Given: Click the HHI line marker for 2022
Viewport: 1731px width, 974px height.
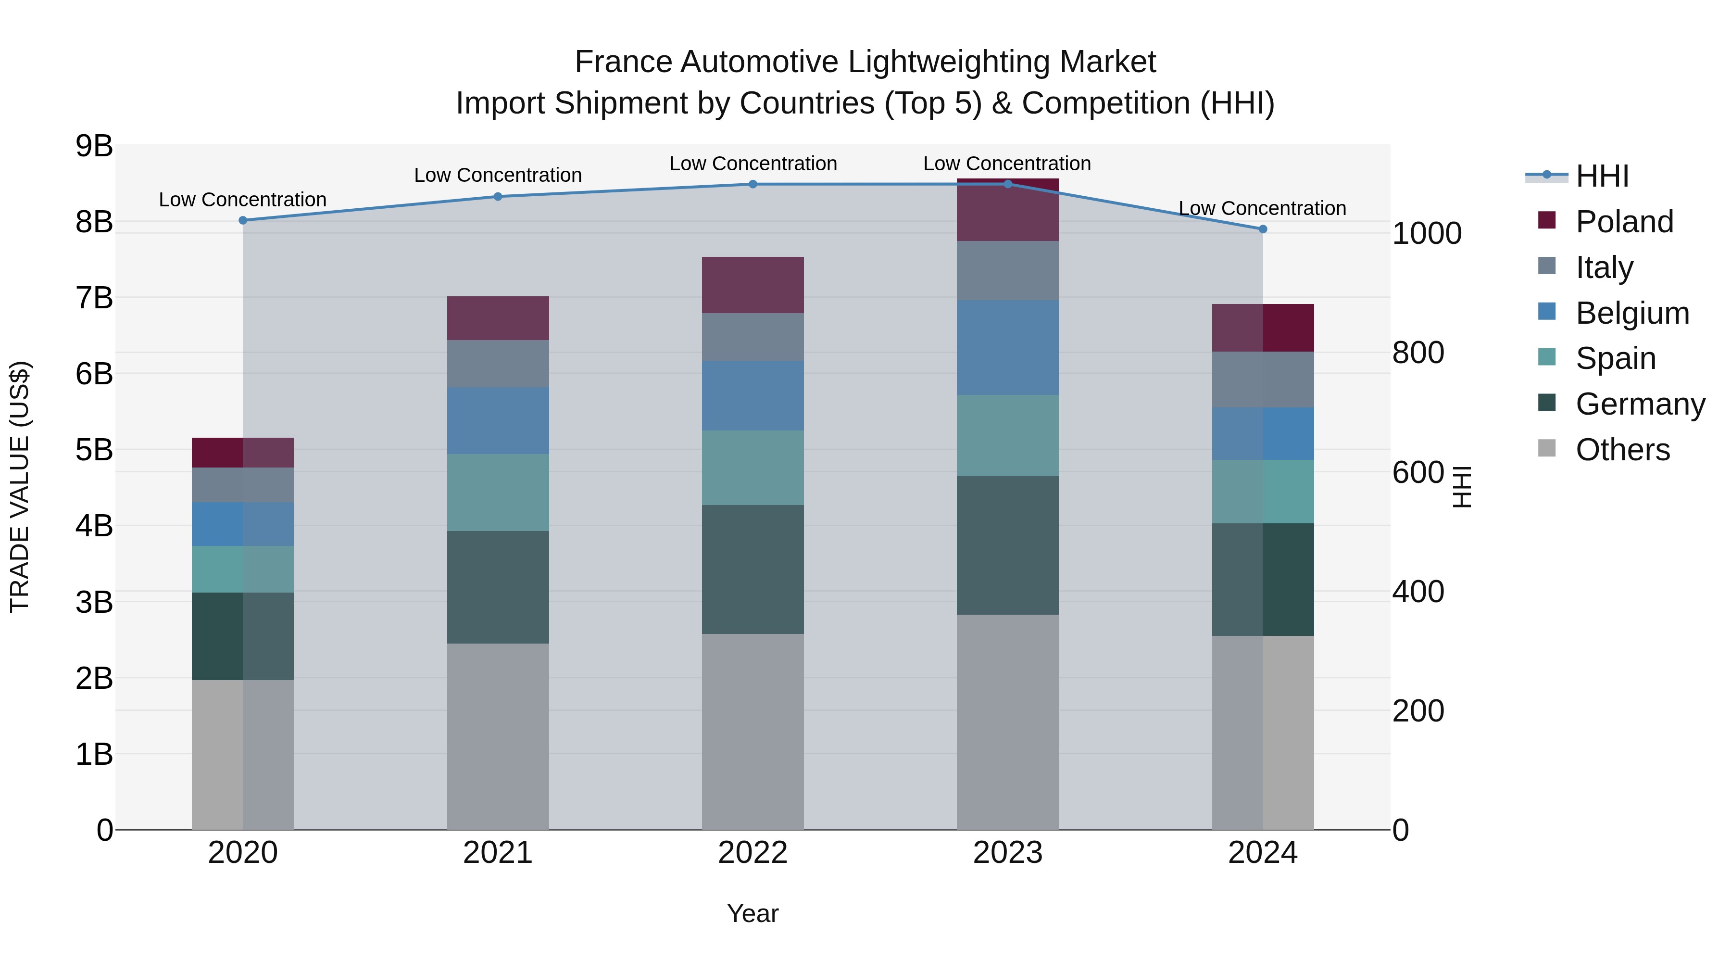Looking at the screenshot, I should tap(753, 184).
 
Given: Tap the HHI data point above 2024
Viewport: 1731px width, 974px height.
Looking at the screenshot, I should tap(1263, 229).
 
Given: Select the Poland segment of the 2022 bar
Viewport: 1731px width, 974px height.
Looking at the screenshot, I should tap(753, 285).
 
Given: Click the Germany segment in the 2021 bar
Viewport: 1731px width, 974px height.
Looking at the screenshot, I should tap(498, 587).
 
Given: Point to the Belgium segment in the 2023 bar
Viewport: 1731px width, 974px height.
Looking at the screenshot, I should tap(1007, 348).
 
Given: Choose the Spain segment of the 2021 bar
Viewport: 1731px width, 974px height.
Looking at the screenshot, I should tap(498, 492).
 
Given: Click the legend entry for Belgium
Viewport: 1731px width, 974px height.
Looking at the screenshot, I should tap(1631, 313).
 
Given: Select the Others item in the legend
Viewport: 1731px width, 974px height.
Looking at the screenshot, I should tap(1622, 450).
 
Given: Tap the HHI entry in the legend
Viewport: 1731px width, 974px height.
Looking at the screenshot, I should tap(1602, 176).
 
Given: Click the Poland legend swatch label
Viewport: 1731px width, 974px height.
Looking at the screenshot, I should tap(1624, 222).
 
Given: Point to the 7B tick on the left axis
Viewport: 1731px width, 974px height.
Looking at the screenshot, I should tap(94, 298).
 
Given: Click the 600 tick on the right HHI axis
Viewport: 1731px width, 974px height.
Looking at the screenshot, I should tap(1418, 472).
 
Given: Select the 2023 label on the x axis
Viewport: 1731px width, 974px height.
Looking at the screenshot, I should tap(1007, 853).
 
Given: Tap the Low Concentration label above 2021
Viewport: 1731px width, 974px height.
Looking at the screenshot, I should tap(498, 176).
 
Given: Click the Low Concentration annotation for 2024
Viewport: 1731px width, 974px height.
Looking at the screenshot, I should tap(1262, 208).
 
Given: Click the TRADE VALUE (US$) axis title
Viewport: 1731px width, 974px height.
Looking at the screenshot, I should tap(20, 487).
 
